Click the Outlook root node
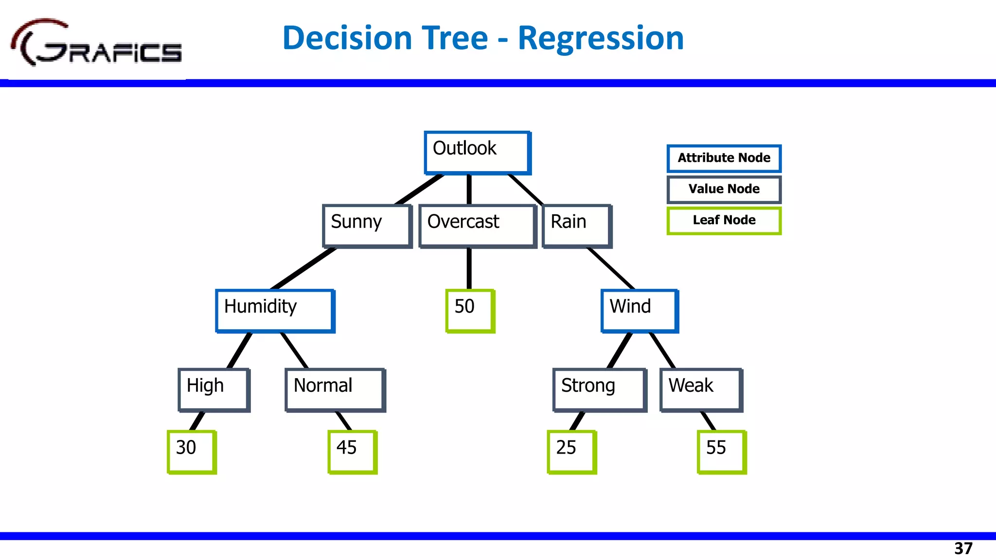click(477, 152)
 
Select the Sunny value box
click(367, 226)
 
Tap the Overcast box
click(478, 226)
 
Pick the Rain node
click(577, 226)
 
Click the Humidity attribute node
click(275, 311)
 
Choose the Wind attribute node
click(640, 311)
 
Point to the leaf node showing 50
click(470, 311)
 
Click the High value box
click(214, 390)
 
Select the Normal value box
click(335, 390)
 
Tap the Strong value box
click(600, 390)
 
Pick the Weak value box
click(701, 390)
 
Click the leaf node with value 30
click(192, 452)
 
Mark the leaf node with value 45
click(352, 452)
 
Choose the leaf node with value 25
click(571, 452)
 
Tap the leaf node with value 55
click(721, 452)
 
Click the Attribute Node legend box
click(724, 158)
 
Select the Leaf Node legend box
click(724, 221)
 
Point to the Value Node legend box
click(724, 190)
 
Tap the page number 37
click(963, 548)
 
